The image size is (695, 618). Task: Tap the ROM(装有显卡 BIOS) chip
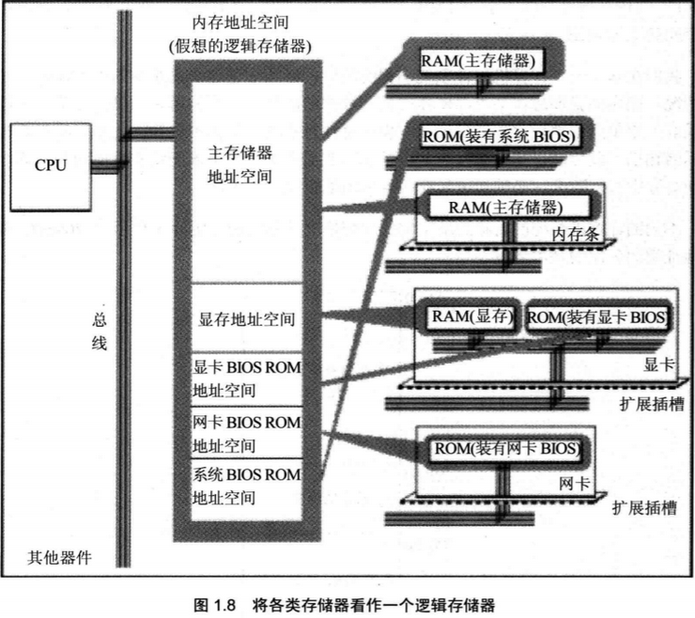click(597, 317)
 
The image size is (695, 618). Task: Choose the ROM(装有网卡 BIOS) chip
click(506, 449)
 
